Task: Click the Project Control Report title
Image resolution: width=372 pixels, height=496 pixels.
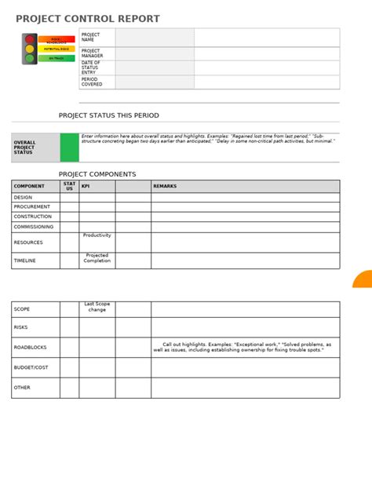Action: pos(87,19)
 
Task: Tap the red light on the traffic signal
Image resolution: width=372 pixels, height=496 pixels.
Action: pos(30,38)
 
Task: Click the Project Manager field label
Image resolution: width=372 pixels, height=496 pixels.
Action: pos(92,53)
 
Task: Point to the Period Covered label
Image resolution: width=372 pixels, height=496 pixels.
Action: pos(92,82)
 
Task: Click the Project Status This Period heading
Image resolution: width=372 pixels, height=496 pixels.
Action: pos(108,115)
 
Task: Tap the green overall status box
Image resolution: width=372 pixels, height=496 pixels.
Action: pos(70,148)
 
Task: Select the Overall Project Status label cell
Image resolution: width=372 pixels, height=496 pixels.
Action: pos(35,148)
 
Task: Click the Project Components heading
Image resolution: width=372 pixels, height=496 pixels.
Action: pos(97,174)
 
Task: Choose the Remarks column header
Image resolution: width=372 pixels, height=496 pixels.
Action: pos(166,186)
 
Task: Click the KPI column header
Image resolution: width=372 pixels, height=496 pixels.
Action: pos(86,186)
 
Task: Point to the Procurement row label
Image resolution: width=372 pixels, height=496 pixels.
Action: pos(32,207)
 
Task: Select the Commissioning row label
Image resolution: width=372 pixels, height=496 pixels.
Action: pos(34,227)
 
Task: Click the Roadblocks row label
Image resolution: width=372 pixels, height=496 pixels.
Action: pos(31,347)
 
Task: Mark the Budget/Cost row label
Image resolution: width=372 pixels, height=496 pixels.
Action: pos(31,367)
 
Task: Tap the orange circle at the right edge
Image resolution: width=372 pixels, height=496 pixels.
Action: pos(363,280)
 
